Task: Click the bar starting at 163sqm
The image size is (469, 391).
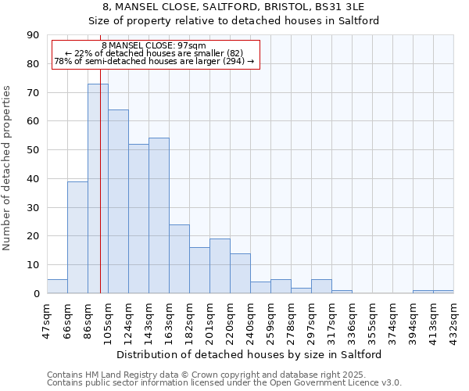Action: pyautogui.click(x=179, y=259)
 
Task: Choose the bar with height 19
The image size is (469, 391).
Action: pyautogui.click(x=220, y=266)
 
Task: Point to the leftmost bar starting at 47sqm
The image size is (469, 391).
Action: pyautogui.click(x=57, y=286)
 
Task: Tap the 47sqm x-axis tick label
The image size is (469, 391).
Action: pyautogui.click(x=48, y=317)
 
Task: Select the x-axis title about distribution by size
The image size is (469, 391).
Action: pyautogui.click(x=250, y=354)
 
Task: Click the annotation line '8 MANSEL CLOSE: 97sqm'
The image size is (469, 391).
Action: pyautogui.click(x=154, y=46)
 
